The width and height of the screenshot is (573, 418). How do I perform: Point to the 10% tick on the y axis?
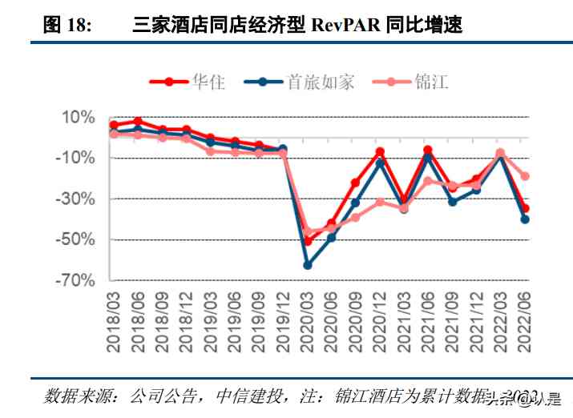tap(79, 118)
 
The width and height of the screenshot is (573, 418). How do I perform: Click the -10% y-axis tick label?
tap(76, 158)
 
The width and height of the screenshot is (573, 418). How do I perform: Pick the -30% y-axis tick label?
tap(76, 199)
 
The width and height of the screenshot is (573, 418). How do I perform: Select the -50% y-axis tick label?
tap(76, 239)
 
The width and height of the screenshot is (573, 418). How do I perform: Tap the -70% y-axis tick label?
tap(76, 280)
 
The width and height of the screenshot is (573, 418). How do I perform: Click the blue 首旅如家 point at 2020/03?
tap(307, 265)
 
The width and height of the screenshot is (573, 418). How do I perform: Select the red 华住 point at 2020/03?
tap(307, 241)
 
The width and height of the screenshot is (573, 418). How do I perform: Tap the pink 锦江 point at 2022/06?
tap(525, 176)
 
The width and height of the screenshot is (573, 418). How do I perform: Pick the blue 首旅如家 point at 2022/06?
tap(525, 219)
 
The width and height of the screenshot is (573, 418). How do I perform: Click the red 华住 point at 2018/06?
tap(138, 121)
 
